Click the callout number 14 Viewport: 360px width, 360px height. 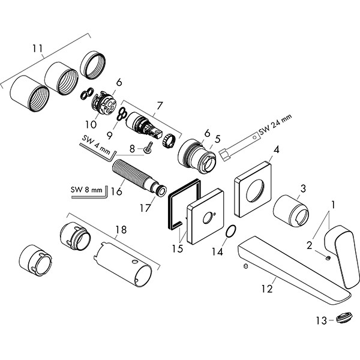pos(218,252)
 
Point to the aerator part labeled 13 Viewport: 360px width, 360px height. pos(344,319)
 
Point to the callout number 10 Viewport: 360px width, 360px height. pos(89,124)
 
